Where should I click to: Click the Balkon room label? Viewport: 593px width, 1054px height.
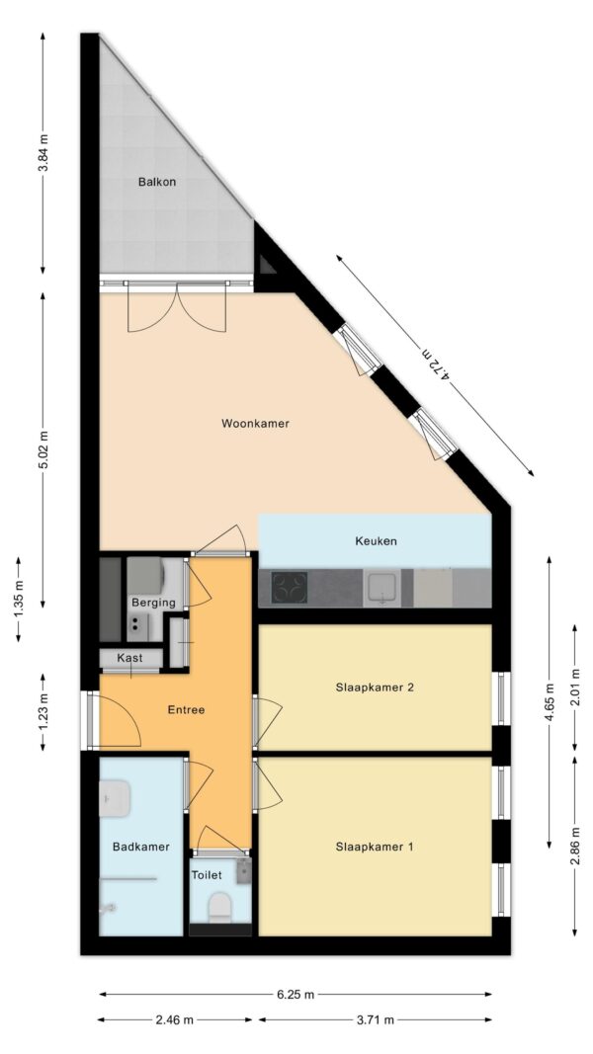[156, 182]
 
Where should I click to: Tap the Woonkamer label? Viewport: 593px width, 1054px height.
[255, 424]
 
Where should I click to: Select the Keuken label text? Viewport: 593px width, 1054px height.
[376, 541]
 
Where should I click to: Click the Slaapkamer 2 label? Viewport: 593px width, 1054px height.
[375, 688]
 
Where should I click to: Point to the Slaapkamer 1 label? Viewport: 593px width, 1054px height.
[375, 847]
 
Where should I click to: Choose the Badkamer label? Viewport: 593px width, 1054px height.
[140, 847]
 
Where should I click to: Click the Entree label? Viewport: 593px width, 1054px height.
[185, 709]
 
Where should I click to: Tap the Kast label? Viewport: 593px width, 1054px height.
[130, 658]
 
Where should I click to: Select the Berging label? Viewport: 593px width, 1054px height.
[153, 603]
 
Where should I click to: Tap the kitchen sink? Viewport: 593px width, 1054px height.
[381, 589]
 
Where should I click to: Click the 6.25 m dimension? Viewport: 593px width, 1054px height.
[296, 995]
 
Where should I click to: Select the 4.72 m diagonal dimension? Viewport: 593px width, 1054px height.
[436, 365]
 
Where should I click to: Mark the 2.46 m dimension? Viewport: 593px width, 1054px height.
[175, 1019]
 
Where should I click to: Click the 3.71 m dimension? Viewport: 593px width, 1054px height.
[375, 1019]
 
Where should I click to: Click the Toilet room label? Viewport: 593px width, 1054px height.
[208, 875]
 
